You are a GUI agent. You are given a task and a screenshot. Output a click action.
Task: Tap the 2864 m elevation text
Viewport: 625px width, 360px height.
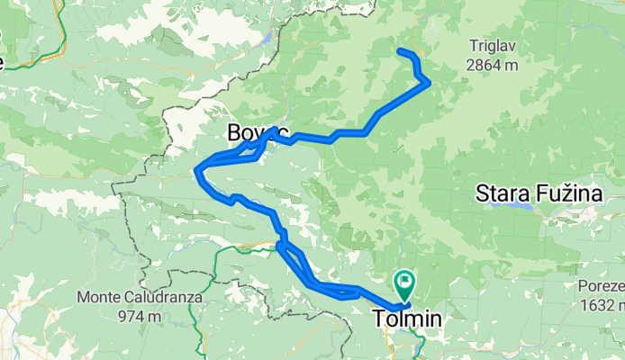(492, 65)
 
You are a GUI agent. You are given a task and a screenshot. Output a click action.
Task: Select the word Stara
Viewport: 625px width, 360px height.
(505, 193)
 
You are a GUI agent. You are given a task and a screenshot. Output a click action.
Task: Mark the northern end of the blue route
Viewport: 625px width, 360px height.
(398, 50)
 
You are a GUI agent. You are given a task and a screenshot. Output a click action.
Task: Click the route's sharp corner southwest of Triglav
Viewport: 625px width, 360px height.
(428, 82)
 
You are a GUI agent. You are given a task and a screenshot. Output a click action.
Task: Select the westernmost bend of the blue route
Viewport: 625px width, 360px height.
(197, 168)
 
